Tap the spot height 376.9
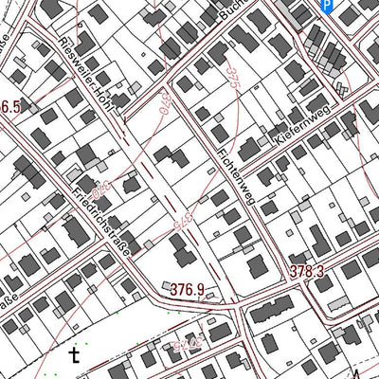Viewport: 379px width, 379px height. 187,287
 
